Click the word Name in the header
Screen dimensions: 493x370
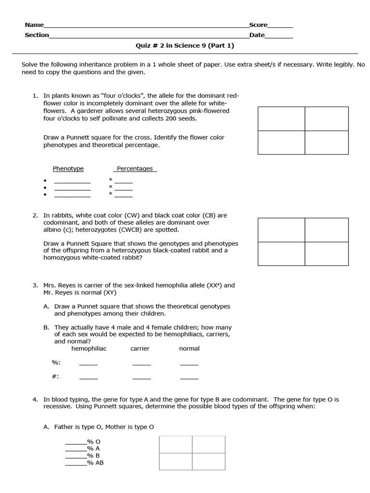coord(34,25)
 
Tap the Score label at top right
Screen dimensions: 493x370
coord(258,25)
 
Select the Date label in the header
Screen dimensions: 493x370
coord(257,35)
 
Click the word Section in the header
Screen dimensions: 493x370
coord(37,35)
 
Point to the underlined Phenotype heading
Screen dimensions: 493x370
coord(68,169)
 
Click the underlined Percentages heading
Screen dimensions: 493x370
coord(135,169)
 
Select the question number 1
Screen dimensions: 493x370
coord(35,96)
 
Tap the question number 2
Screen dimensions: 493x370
coord(35,215)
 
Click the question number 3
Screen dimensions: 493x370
coord(35,285)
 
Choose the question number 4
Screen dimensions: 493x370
coord(35,399)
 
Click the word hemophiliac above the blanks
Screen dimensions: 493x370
coord(89,348)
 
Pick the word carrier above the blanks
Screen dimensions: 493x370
coord(140,348)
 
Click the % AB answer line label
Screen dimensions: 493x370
coord(95,463)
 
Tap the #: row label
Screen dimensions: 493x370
coord(55,376)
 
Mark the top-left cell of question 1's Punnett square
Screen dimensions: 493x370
coord(281,119)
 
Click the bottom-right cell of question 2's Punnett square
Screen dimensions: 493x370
coord(326,253)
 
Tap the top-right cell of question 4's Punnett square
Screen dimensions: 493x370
coord(209,444)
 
